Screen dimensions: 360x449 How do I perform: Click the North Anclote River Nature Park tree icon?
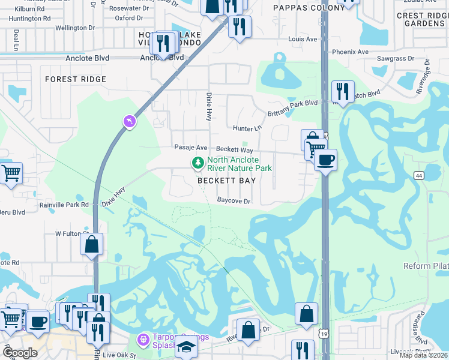(197, 163)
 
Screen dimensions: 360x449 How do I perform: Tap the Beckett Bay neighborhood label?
(227, 181)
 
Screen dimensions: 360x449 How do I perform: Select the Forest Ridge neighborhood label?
(76, 79)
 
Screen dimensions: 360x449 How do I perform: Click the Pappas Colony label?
(302, 8)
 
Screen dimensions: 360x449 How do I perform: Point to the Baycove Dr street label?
(234, 201)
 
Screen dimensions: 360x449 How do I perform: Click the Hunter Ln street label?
(248, 128)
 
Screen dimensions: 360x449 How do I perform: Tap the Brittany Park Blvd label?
(292, 104)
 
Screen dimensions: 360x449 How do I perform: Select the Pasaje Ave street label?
(190, 148)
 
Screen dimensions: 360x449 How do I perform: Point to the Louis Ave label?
(303, 39)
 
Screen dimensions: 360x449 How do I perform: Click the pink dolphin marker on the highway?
(130, 122)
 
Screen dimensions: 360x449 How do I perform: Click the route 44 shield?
(418, 175)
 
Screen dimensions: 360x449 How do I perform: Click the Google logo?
(20, 353)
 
